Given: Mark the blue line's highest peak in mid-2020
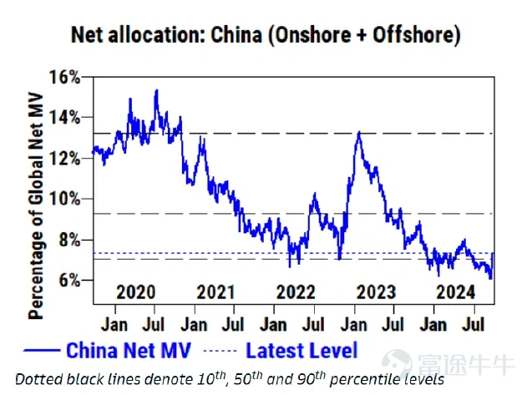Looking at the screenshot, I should click(156, 90).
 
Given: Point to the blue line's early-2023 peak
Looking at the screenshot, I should click(358, 132).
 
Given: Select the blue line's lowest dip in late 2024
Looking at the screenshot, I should click(490, 278).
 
